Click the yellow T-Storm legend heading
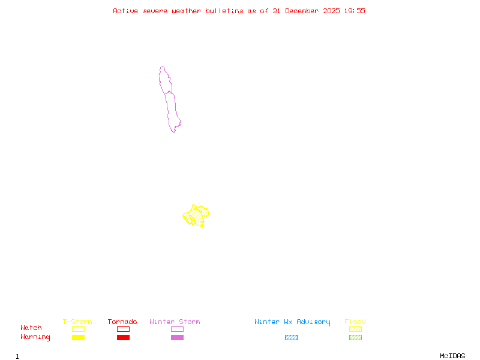pos(77,322)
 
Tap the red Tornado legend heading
pos(122,322)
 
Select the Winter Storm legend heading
pos(175,322)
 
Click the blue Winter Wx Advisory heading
pos(292,322)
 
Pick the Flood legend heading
pos(355,322)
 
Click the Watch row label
pos(31,328)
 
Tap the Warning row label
pos(35,337)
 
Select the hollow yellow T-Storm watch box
pos(78,329)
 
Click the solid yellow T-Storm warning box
pos(78,338)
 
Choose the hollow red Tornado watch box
pos(123,329)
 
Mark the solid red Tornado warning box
pos(123,338)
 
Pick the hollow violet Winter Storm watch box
pos(177,329)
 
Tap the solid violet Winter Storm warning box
pos(177,338)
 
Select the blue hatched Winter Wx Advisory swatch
pos(291,338)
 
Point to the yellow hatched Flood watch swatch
pos(355,329)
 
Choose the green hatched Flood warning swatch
pos(355,338)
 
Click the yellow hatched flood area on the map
pos(195,214)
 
